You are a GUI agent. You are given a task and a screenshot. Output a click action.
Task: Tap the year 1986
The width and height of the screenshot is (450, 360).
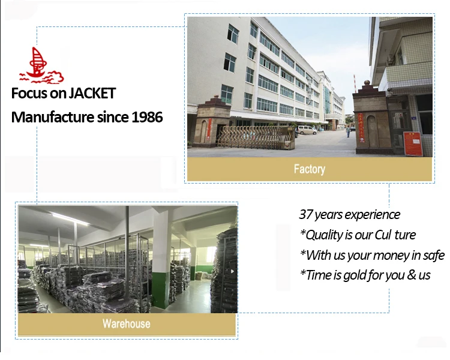click(147, 117)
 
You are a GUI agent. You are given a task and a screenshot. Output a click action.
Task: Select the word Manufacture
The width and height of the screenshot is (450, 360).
click(53, 117)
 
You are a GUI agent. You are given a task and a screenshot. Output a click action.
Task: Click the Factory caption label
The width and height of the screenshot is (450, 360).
click(310, 169)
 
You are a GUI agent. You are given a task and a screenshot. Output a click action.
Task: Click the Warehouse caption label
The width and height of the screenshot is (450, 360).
click(126, 323)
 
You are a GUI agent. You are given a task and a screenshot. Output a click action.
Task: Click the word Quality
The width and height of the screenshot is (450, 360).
click(324, 235)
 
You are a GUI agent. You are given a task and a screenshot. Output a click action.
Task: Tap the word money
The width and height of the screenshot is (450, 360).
click(391, 256)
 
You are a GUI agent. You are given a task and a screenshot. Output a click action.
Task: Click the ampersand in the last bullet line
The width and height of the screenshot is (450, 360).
click(411, 275)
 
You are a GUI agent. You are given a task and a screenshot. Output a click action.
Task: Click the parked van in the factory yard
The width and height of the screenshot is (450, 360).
click(307, 130)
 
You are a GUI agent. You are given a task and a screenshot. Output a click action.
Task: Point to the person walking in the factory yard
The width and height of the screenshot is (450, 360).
click(348, 131)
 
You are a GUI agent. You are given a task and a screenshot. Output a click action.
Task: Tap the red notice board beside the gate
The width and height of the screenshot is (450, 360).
click(413, 143)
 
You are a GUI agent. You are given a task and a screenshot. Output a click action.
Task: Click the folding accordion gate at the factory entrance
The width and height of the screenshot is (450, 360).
click(256, 137)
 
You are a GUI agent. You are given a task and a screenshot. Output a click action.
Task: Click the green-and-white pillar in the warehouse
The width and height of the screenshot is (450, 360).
click(161, 258)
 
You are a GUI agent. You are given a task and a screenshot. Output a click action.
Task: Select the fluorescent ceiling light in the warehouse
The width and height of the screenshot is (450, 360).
click(70, 220)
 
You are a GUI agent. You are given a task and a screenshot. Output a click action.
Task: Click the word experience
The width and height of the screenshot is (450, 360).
click(373, 215)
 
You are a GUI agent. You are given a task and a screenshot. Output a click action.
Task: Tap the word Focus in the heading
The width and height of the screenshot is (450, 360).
click(29, 94)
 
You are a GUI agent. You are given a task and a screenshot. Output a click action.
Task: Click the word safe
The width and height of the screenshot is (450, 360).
click(434, 255)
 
